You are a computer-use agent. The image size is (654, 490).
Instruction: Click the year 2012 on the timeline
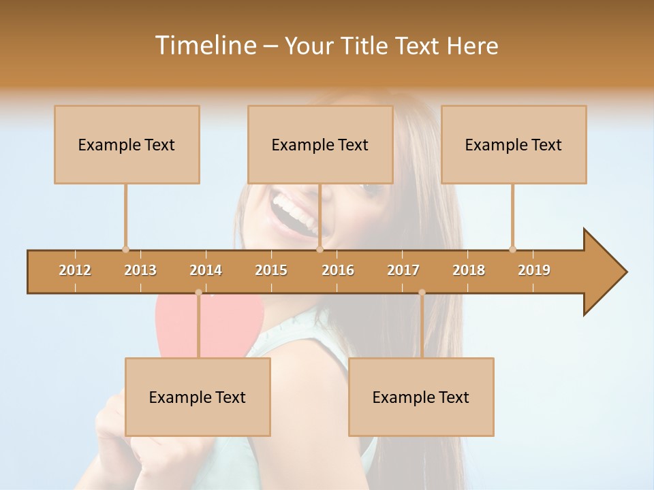(x=75, y=270)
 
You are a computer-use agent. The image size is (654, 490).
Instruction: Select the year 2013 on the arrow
(x=140, y=270)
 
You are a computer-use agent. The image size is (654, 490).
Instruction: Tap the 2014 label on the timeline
(x=206, y=270)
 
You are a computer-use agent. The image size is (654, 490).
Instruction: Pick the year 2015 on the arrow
(x=271, y=270)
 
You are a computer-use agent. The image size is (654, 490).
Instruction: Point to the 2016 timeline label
(x=338, y=270)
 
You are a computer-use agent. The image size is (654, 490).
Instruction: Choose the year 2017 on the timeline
(x=403, y=270)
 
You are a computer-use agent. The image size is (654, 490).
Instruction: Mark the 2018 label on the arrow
(x=469, y=270)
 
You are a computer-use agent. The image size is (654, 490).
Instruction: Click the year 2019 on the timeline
(x=534, y=270)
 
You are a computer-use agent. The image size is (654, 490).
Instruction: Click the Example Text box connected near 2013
(x=127, y=144)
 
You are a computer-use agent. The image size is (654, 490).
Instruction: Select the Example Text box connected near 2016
(x=320, y=144)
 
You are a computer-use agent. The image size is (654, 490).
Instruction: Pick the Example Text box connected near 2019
(x=514, y=144)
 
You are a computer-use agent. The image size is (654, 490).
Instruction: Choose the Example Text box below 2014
(x=198, y=397)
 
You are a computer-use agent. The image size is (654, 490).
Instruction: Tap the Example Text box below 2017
(x=421, y=397)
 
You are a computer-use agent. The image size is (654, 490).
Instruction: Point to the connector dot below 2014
(x=198, y=293)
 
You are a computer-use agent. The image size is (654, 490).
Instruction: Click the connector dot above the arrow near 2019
(x=512, y=249)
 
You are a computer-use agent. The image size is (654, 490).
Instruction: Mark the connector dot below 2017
(x=422, y=293)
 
